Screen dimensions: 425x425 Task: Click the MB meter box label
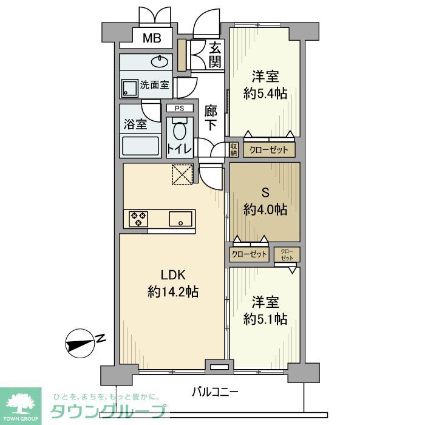point(152,39)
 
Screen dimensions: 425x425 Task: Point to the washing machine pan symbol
point(130,88)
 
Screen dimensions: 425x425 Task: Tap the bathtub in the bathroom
point(140,146)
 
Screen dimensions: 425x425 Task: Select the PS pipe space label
point(179,109)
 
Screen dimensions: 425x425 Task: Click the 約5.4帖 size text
point(265,93)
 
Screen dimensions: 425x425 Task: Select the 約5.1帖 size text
point(265,318)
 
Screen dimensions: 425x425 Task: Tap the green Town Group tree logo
point(20,402)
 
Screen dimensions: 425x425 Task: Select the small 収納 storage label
point(234,149)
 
